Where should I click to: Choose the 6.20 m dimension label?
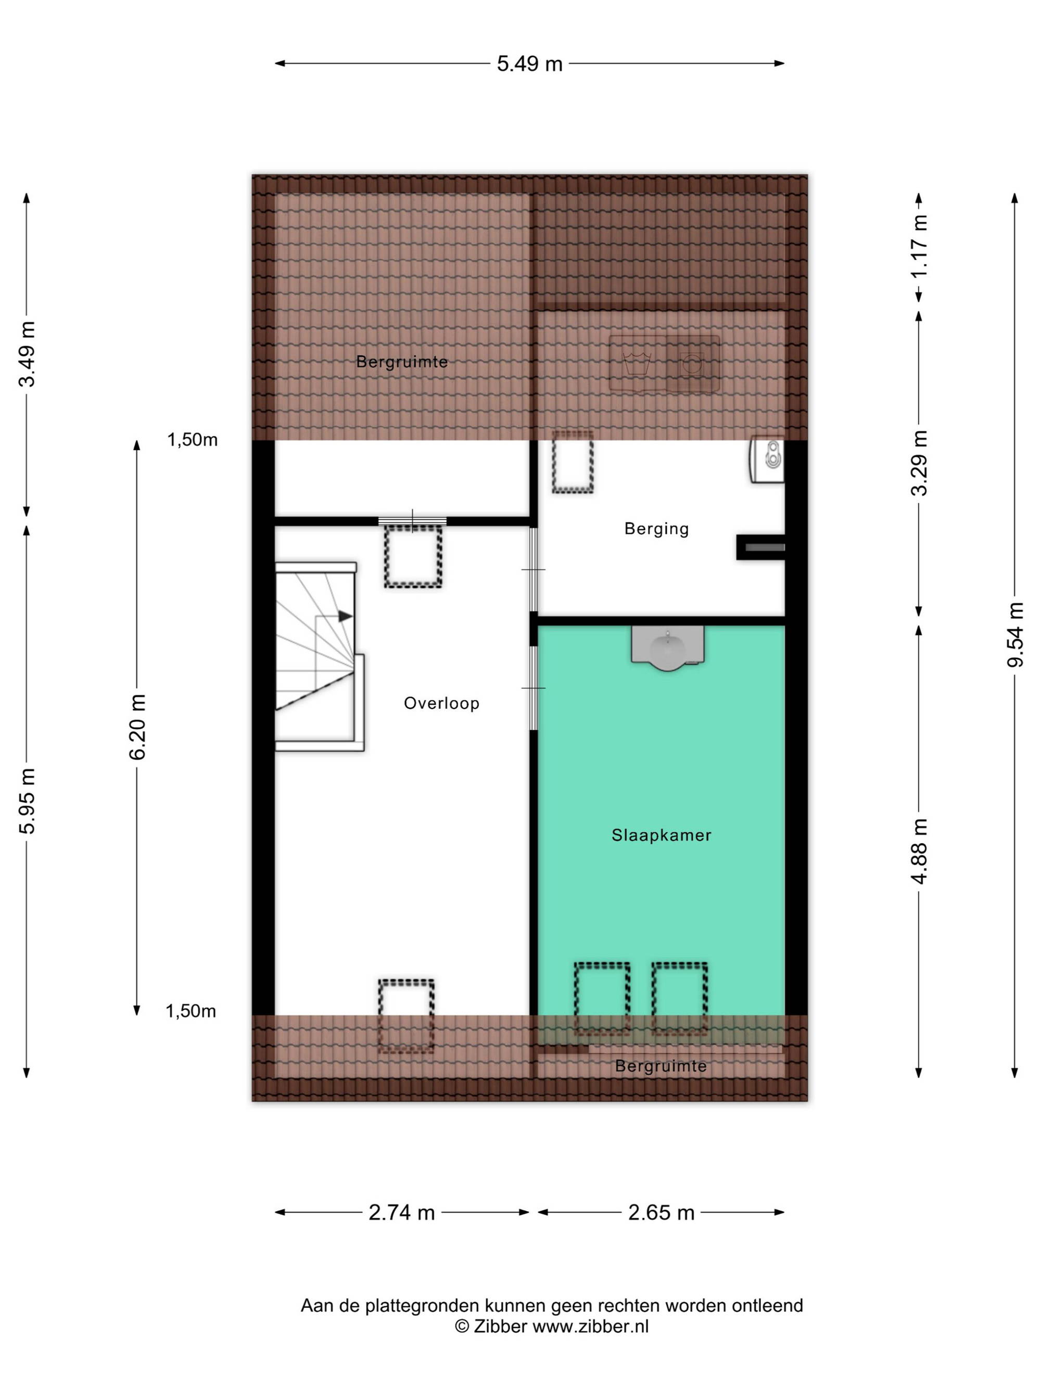[x=136, y=727]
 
